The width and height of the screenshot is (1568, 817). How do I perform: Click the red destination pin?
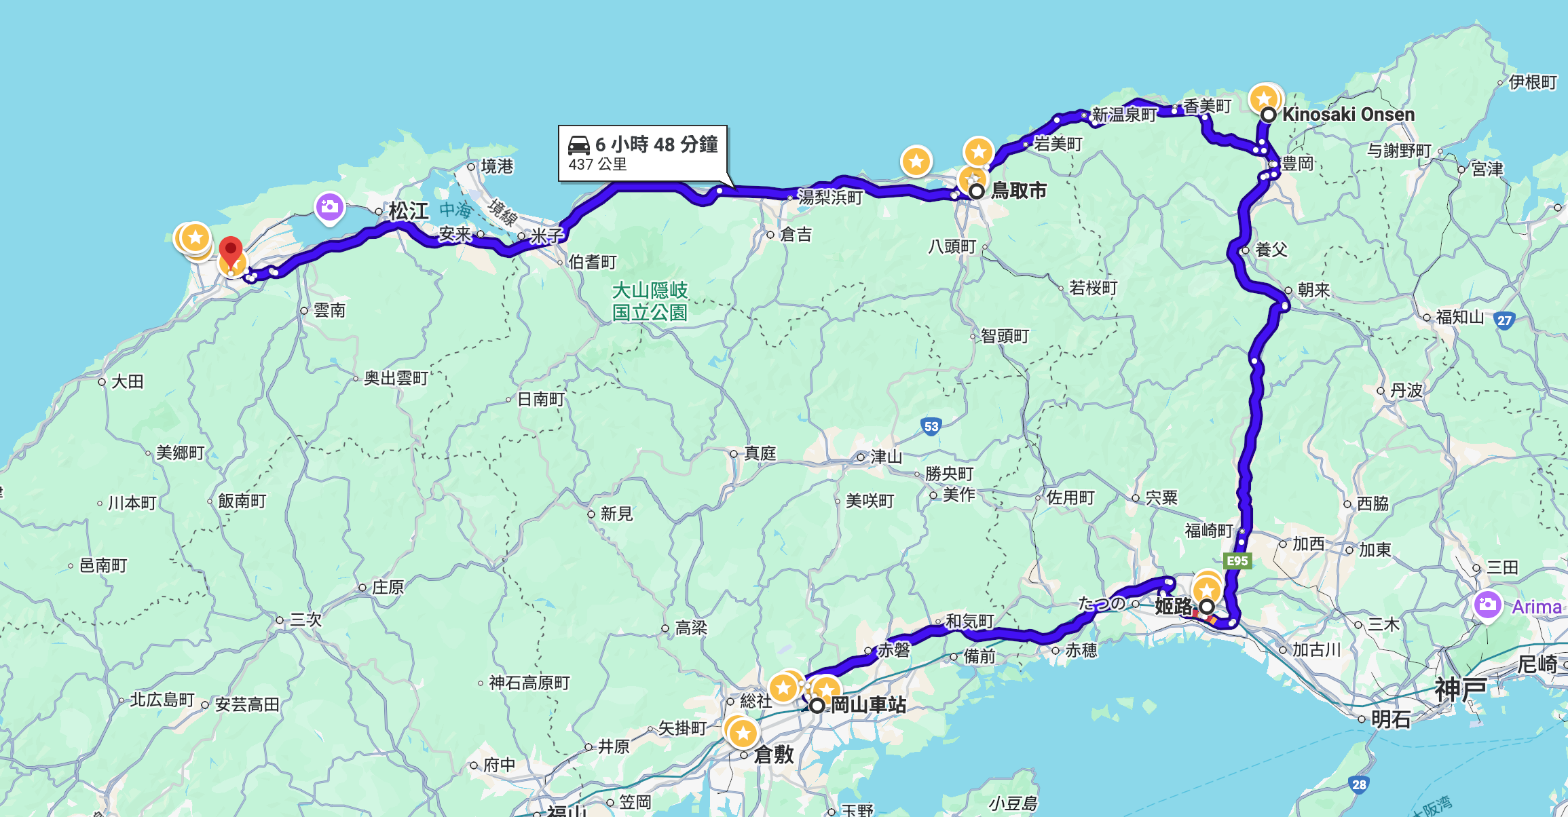pyautogui.click(x=231, y=252)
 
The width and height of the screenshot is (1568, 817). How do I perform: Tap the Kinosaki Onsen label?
pyautogui.click(x=1348, y=114)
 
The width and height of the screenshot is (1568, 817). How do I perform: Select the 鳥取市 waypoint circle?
pyautogui.click(x=976, y=191)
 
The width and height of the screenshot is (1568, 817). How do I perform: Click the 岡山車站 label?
pyautogui.click(x=868, y=705)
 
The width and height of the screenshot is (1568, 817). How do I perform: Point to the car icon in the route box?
pyautogui.click(x=579, y=145)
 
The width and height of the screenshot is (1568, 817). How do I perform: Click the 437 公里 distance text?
pyautogui.click(x=597, y=164)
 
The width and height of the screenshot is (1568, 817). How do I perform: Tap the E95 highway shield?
pyautogui.click(x=1237, y=560)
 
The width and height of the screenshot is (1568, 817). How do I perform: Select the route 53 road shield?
pyautogui.click(x=931, y=427)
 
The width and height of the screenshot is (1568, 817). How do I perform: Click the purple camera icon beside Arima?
pyautogui.click(x=1487, y=604)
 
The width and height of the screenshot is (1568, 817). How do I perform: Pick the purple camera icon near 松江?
pyautogui.click(x=329, y=206)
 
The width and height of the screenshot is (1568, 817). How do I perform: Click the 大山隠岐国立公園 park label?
pyautogui.click(x=650, y=301)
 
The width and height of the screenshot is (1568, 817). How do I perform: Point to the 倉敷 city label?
pyautogui.click(x=774, y=754)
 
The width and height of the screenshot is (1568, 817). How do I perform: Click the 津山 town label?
pyautogui.click(x=886, y=457)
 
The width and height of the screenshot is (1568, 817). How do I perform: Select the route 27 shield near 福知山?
pyautogui.click(x=1505, y=320)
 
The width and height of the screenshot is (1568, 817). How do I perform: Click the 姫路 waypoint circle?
pyautogui.click(x=1207, y=606)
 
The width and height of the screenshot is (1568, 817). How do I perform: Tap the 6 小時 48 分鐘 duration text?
pyautogui.click(x=656, y=144)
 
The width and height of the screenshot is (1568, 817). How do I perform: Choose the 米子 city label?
pyautogui.click(x=546, y=235)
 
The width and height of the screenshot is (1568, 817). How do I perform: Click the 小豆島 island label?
pyautogui.click(x=1013, y=804)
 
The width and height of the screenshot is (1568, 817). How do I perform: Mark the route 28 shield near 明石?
pyautogui.click(x=1359, y=784)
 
